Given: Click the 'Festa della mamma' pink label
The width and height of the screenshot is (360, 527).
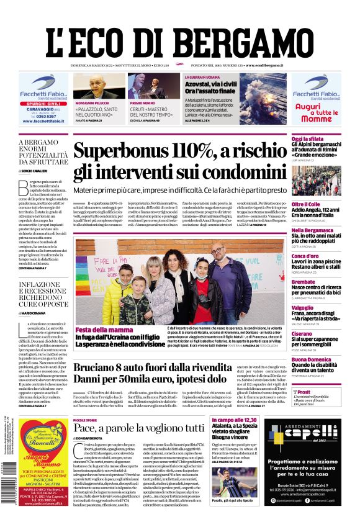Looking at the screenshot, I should [101, 330].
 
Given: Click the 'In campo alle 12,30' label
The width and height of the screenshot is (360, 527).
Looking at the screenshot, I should [231, 420].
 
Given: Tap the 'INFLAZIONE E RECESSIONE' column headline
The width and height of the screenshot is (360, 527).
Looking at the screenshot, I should [42, 293].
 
